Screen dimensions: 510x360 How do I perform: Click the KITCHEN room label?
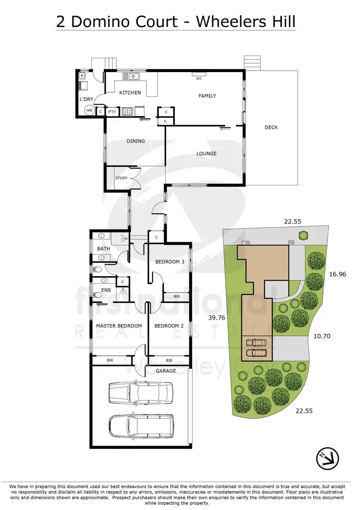[130, 93]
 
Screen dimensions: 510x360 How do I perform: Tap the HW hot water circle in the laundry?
[89, 110]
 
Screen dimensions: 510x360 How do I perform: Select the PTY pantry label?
[112, 112]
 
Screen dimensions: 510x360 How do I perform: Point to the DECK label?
[271, 127]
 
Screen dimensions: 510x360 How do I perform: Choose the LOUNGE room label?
[206, 154]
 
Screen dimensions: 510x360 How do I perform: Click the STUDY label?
[121, 178]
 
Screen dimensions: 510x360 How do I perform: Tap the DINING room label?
[136, 141]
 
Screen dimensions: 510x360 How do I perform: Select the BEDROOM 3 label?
[169, 262]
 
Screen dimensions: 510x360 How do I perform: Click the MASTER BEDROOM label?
[119, 326]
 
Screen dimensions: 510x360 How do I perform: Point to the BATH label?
[104, 249]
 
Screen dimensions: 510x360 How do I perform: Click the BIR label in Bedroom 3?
[177, 297]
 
